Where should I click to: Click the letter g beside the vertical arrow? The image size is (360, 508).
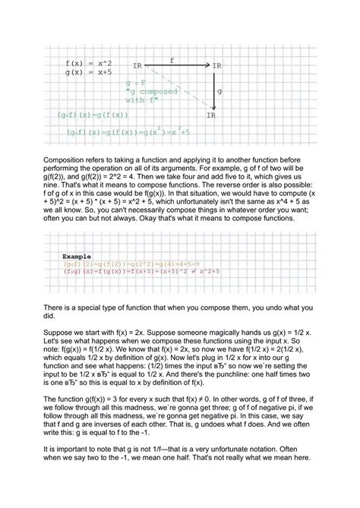point(219,90)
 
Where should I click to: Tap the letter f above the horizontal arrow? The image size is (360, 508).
point(172,58)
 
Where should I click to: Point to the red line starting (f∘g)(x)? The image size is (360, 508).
point(141,271)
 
